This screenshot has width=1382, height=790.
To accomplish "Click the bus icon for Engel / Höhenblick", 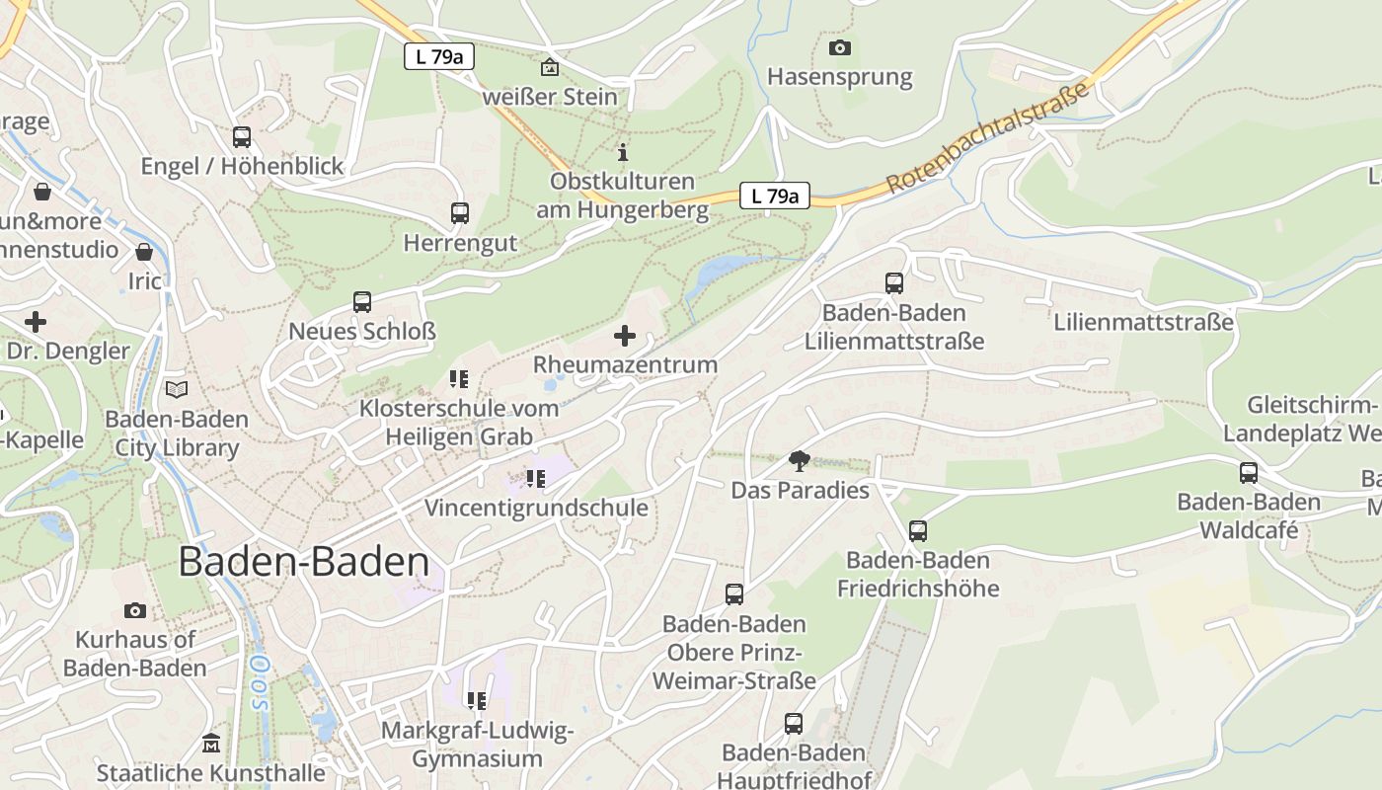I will pyautogui.click(x=242, y=137).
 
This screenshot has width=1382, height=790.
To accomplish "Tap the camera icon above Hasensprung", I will pyautogui.click(x=839, y=47).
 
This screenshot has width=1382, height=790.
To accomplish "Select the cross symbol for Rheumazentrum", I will pyautogui.click(x=625, y=337).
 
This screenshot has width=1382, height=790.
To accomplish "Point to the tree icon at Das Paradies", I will pyautogui.click(x=799, y=461).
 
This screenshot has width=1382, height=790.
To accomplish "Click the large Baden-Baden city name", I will pyautogui.click(x=304, y=562).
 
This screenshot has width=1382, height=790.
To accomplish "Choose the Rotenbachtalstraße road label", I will pyautogui.click(x=987, y=138).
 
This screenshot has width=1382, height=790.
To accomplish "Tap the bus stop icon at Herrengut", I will pyautogui.click(x=460, y=212).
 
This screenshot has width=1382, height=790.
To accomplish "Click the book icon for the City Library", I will pyautogui.click(x=177, y=390).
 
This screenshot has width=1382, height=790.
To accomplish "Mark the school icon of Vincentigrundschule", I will pyautogui.click(x=536, y=479).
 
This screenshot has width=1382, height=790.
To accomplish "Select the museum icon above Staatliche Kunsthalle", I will pyautogui.click(x=210, y=743).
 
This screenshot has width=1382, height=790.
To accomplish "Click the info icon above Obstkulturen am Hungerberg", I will pyautogui.click(x=623, y=152).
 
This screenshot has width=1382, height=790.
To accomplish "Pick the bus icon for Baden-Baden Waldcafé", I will pyautogui.click(x=1249, y=473).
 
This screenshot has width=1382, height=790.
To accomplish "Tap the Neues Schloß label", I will pyautogui.click(x=362, y=331).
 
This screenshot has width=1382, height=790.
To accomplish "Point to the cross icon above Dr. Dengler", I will pyautogui.click(x=36, y=322).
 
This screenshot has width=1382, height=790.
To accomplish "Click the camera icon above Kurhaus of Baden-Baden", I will pyautogui.click(x=135, y=611).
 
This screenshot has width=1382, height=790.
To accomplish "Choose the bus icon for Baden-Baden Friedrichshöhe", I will pyautogui.click(x=918, y=531).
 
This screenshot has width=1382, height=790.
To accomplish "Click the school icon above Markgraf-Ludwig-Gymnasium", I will pyautogui.click(x=477, y=701).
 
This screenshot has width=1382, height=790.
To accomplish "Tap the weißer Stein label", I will pyautogui.click(x=550, y=97).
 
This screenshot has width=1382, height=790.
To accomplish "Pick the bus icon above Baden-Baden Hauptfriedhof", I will pyautogui.click(x=794, y=724).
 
